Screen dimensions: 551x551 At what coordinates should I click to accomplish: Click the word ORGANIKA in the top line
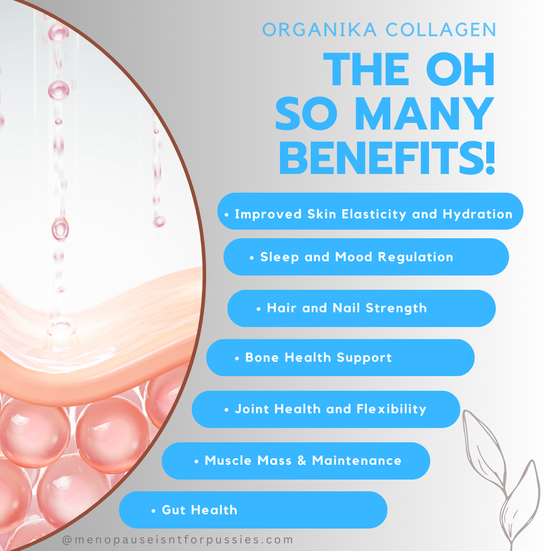point(319,30)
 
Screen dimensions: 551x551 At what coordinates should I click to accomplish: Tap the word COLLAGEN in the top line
point(441,30)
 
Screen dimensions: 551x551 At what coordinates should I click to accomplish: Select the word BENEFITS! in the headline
point(387,158)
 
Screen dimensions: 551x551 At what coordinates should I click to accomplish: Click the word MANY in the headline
point(424,113)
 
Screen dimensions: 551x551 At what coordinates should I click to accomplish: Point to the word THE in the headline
point(366,69)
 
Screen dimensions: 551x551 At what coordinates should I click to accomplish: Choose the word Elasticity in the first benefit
point(374,214)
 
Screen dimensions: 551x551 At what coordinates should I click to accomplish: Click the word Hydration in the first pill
point(478,214)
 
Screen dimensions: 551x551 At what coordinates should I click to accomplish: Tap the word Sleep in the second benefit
point(280,257)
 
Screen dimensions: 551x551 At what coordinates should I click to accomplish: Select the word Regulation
point(415,257)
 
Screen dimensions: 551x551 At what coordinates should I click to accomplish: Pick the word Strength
point(396,308)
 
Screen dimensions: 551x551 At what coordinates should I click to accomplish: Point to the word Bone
point(262,357)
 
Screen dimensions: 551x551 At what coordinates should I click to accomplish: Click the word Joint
point(252,409)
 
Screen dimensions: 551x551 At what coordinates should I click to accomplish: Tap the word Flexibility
point(391,409)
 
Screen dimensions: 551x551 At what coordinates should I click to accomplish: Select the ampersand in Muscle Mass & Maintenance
point(302,460)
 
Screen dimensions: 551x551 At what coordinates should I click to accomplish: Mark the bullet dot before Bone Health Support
point(237,359)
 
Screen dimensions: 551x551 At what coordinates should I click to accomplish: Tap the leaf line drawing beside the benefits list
point(502,478)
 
